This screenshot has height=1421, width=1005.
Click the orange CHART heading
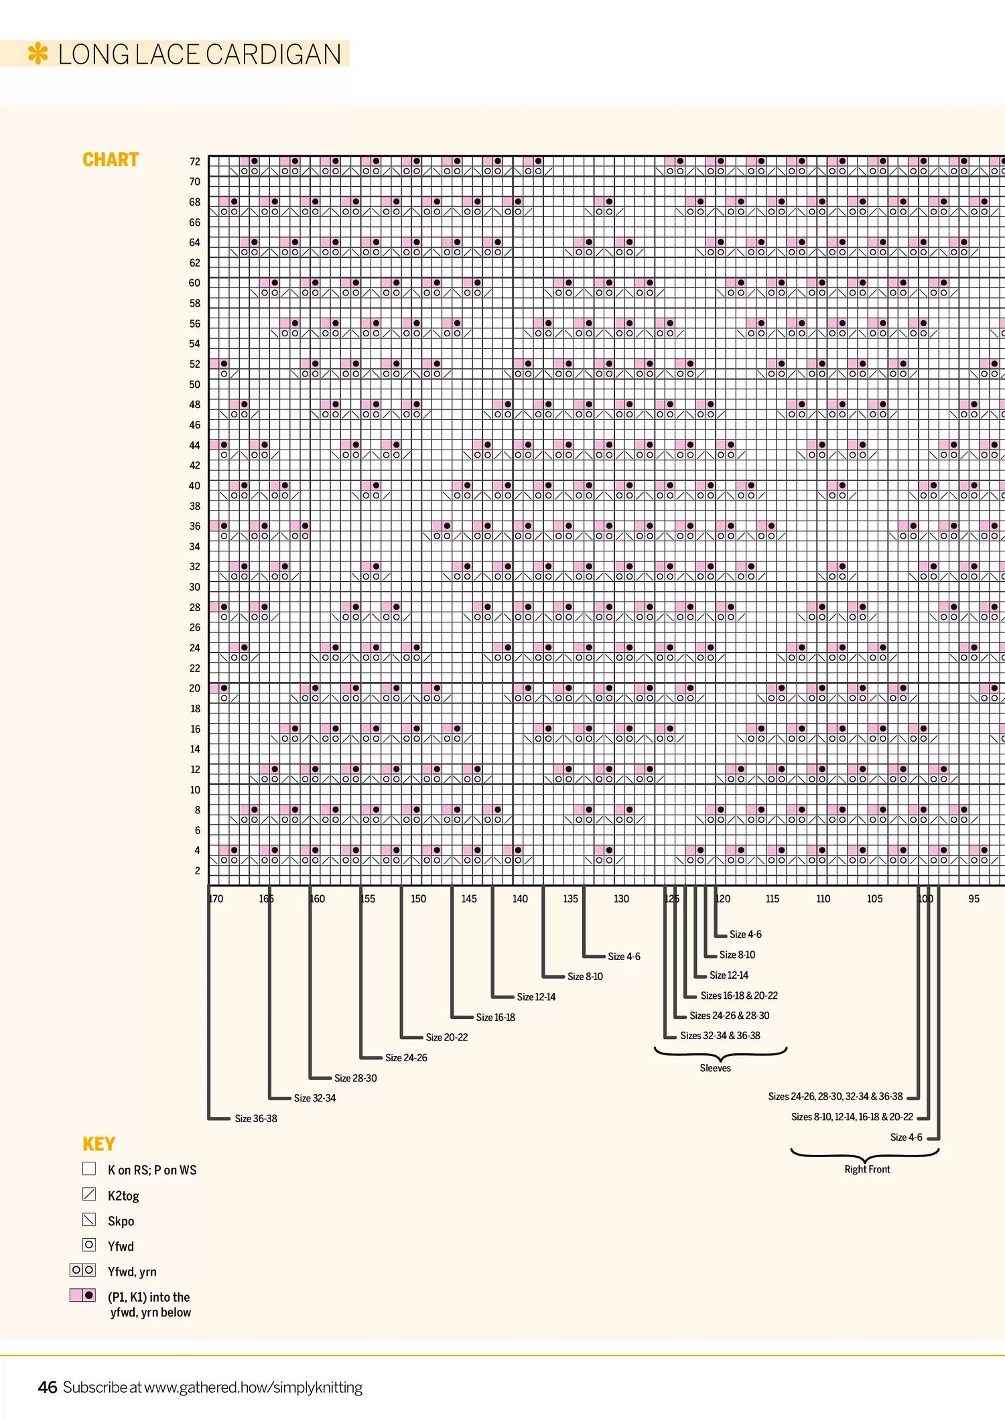111,159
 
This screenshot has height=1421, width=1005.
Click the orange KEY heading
98,1144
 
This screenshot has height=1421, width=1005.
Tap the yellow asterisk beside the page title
38,54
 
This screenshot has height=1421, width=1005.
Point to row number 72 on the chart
194,161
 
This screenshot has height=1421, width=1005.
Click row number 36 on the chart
194,526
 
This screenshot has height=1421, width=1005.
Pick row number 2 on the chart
197,871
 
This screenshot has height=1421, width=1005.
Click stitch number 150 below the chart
418,898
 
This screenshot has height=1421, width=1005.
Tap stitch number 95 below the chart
974,898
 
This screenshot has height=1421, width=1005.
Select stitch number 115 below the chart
772,898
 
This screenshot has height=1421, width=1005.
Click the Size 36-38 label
256,1118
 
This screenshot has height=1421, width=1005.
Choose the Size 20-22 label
447,1037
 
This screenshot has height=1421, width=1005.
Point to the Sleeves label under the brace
715,1068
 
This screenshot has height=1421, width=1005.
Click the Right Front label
867,1169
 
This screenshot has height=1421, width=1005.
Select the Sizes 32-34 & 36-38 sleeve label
720,1035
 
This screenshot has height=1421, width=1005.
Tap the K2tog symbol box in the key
89,1194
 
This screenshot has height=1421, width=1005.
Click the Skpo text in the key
121,1221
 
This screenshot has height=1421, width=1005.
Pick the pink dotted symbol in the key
83,1295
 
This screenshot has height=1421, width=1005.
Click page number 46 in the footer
47,1387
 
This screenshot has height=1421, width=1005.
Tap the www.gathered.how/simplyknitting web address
253,1388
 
